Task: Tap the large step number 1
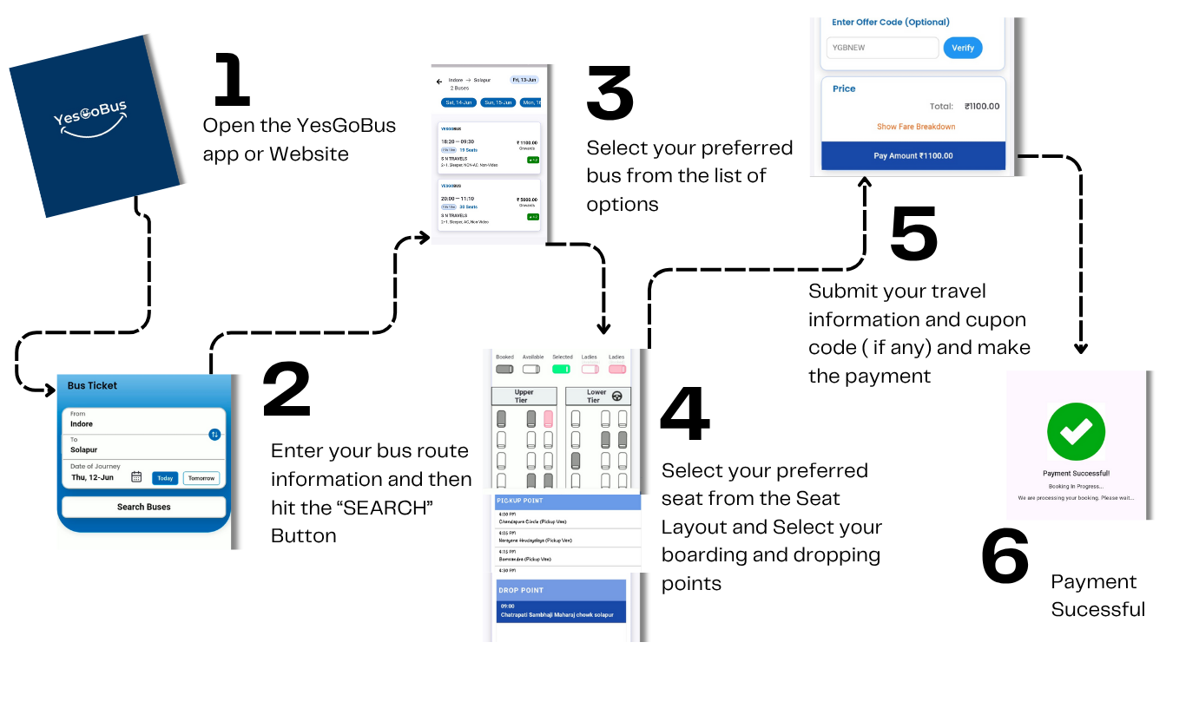[x=233, y=81]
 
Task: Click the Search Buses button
[x=143, y=507]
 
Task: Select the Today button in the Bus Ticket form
[x=165, y=478]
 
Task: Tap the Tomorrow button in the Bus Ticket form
[x=201, y=478]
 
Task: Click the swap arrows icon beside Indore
[x=214, y=434]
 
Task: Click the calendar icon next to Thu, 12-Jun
[x=136, y=477]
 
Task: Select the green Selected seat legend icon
[x=562, y=369]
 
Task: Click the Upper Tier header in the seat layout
[x=524, y=397]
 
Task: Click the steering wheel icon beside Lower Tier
[x=617, y=397]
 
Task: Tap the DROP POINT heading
[x=521, y=590]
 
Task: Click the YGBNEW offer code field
[x=882, y=48]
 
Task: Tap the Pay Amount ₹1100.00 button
[x=913, y=155]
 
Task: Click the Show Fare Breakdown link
[x=915, y=127]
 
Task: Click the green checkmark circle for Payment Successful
[x=1076, y=432]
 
